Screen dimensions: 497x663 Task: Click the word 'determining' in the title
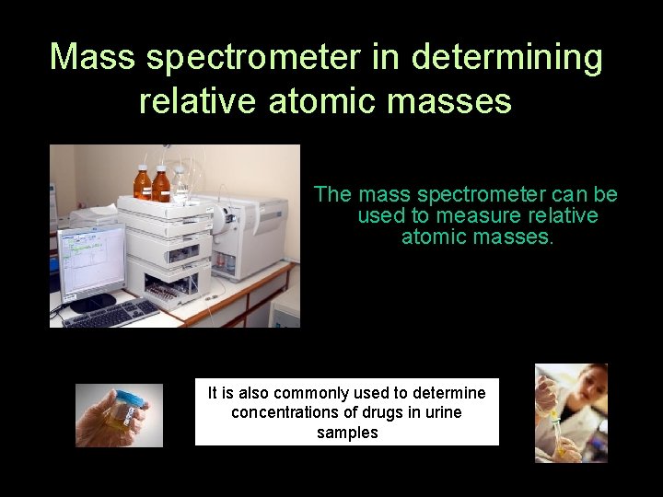pyautogui.click(x=506, y=57)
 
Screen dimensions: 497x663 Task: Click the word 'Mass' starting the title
pyautogui.click(x=92, y=57)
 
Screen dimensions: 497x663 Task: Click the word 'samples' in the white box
pyautogui.click(x=347, y=433)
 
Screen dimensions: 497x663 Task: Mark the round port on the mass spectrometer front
pyautogui.click(x=227, y=218)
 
